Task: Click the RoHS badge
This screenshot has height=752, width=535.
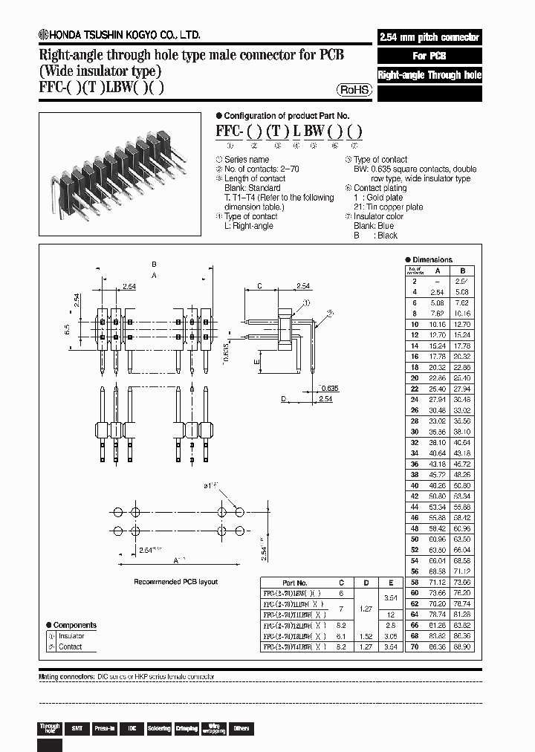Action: [x=354, y=90]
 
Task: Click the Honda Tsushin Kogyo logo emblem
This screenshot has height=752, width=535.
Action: [x=44, y=35]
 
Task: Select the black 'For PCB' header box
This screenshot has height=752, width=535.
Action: [x=429, y=56]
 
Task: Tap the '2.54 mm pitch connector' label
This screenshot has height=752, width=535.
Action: [x=429, y=37]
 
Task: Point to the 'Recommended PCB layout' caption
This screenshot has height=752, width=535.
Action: [x=175, y=582]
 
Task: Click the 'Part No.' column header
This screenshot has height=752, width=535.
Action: [x=295, y=583]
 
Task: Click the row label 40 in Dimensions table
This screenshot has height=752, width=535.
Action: [x=414, y=486]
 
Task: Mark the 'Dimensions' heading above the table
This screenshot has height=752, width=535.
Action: [x=432, y=260]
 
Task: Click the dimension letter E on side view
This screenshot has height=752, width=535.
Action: [x=256, y=362]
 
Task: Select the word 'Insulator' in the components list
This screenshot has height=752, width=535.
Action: [x=71, y=636]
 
